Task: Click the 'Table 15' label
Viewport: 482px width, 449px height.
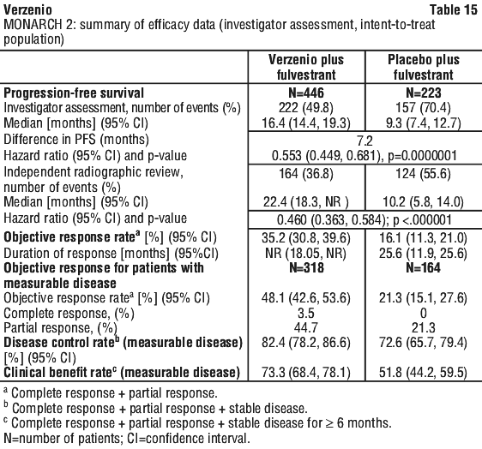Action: tap(454, 9)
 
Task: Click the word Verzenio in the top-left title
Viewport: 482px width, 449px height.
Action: tap(27, 9)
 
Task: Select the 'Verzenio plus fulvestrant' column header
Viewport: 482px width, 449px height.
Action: tap(306, 67)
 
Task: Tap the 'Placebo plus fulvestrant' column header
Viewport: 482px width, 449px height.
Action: tap(424, 67)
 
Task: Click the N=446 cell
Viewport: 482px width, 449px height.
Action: tap(306, 93)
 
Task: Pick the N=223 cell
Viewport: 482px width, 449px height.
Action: tap(424, 93)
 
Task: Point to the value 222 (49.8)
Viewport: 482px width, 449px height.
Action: tap(306, 108)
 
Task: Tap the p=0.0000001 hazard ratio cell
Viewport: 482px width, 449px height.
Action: tap(365, 156)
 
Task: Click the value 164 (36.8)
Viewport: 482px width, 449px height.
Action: tap(306, 174)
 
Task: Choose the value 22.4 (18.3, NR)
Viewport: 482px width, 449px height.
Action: tap(306, 202)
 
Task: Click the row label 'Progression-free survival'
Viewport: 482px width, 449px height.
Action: tap(74, 93)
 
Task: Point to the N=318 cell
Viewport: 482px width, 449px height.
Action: tap(306, 268)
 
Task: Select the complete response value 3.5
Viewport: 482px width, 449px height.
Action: tap(306, 314)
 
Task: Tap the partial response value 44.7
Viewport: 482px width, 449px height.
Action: tap(306, 328)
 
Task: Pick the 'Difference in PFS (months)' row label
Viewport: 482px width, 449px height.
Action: tap(76, 140)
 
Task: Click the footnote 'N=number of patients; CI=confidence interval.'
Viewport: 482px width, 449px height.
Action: tap(127, 438)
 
